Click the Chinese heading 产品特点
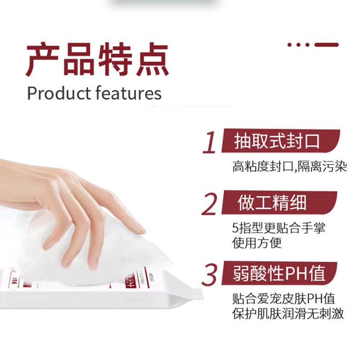click(x=97, y=60)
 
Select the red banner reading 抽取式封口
click(x=279, y=141)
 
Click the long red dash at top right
click(x=326, y=45)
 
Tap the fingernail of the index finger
click(x=141, y=229)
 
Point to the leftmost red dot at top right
click(x=290, y=45)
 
